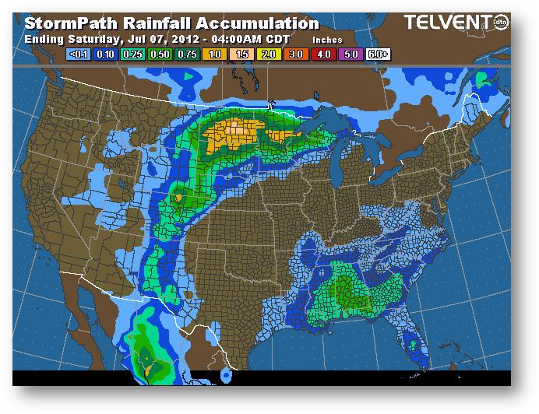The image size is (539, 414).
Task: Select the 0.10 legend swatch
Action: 106,55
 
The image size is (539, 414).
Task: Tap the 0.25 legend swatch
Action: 132,55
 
